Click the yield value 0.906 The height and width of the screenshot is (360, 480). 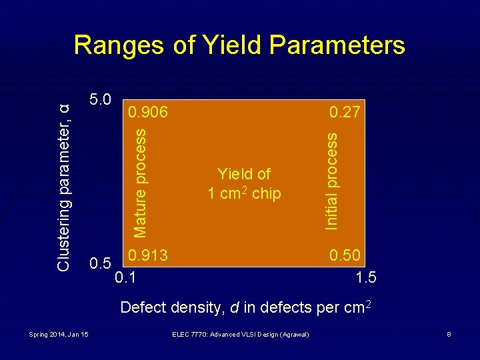pyautogui.click(x=149, y=113)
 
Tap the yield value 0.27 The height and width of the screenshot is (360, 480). pyautogui.click(x=346, y=113)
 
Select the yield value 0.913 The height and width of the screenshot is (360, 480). pyautogui.click(x=148, y=255)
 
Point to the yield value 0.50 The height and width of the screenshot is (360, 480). pyautogui.click(x=346, y=255)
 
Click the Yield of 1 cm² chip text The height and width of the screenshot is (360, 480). pyautogui.click(x=244, y=184)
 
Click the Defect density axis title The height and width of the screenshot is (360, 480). pyautogui.click(x=245, y=307)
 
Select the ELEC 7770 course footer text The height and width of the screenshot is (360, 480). pyautogui.click(x=239, y=333)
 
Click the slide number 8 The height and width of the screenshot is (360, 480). pyautogui.click(x=449, y=333)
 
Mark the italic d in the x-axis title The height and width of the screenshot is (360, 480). pyautogui.click(x=234, y=307)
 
